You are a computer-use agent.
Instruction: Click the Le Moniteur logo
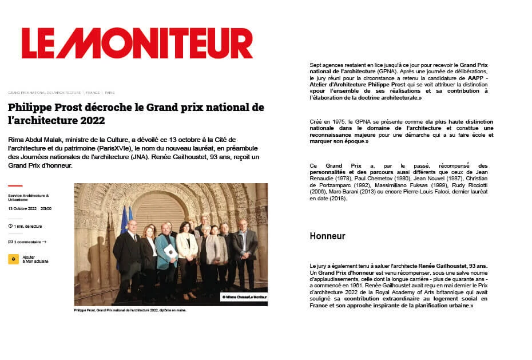coord(137,43)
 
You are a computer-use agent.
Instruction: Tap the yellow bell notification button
coord(13,259)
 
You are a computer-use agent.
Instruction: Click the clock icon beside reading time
coord(10,226)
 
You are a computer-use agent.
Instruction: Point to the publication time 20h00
coord(46,208)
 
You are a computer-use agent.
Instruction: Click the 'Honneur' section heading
coord(327,236)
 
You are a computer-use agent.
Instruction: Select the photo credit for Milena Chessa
coord(244,297)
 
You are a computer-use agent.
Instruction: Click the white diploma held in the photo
coord(170,251)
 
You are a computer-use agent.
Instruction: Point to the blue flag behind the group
coord(124,220)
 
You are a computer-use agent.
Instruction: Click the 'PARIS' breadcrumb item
coord(109,92)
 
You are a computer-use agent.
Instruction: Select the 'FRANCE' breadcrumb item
coord(93,92)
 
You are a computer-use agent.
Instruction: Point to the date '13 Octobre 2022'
coord(22,208)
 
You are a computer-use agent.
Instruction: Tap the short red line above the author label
coord(15,185)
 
